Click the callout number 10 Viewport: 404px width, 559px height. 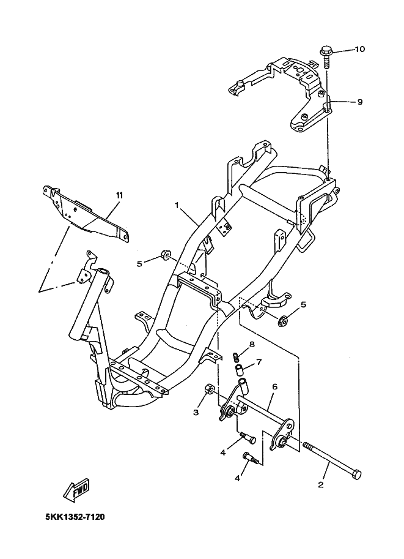(x=359, y=50)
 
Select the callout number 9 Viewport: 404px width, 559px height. (x=360, y=102)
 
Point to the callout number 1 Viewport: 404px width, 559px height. (x=177, y=206)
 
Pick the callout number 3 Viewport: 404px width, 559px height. (x=196, y=413)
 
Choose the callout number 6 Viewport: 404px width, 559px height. (x=275, y=386)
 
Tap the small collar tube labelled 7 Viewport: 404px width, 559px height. (x=240, y=370)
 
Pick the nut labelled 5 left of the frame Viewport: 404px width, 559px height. (x=164, y=254)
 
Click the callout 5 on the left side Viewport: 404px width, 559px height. (x=139, y=264)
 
